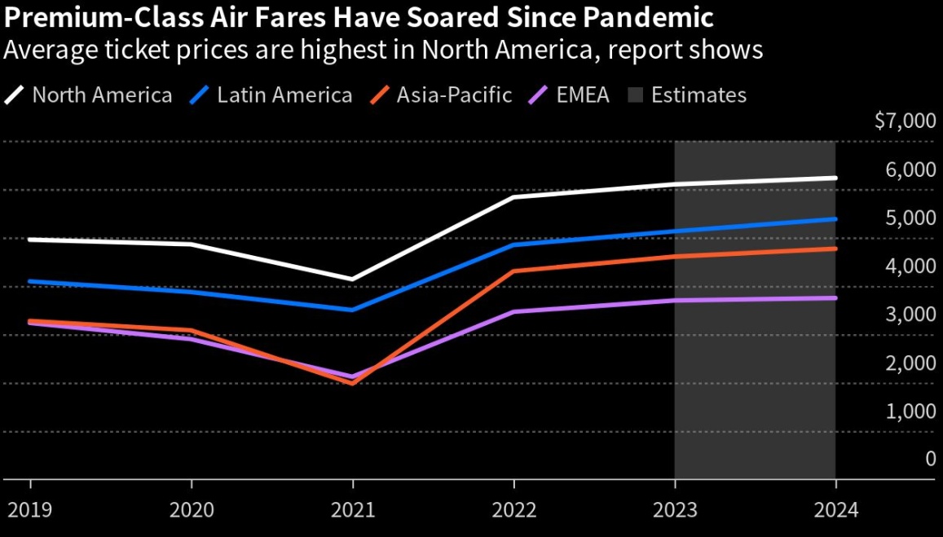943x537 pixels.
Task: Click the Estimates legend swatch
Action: pyautogui.click(x=636, y=95)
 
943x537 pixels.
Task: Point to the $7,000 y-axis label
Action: pyautogui.click(x=905, y=122)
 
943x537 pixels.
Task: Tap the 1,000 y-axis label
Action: pyautogui.click(x=910, y=412)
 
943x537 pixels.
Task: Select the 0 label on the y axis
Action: pyautogui.click(x=930, y=460)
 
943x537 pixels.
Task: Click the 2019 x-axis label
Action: pyautogui.click(x=30, y=510)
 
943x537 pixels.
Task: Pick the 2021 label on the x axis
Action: pyautogui.click(x=352, y=510)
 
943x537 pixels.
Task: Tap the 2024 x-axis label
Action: pyautogui.click(x=835, y=510)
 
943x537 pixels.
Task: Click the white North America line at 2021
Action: pyautogui.click(x=352, y=279)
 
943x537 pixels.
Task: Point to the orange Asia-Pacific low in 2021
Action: pyautogui.click(x=352, y=382)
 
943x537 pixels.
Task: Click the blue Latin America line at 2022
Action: pyautogui.click(x=513, y=244)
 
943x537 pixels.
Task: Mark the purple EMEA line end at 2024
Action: pyautogui.click(x=835, y=298)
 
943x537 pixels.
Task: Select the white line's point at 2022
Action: pyautogui.click(x=513, y=197)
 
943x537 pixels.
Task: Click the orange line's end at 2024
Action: pyautogui.click(x=835, y=249)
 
